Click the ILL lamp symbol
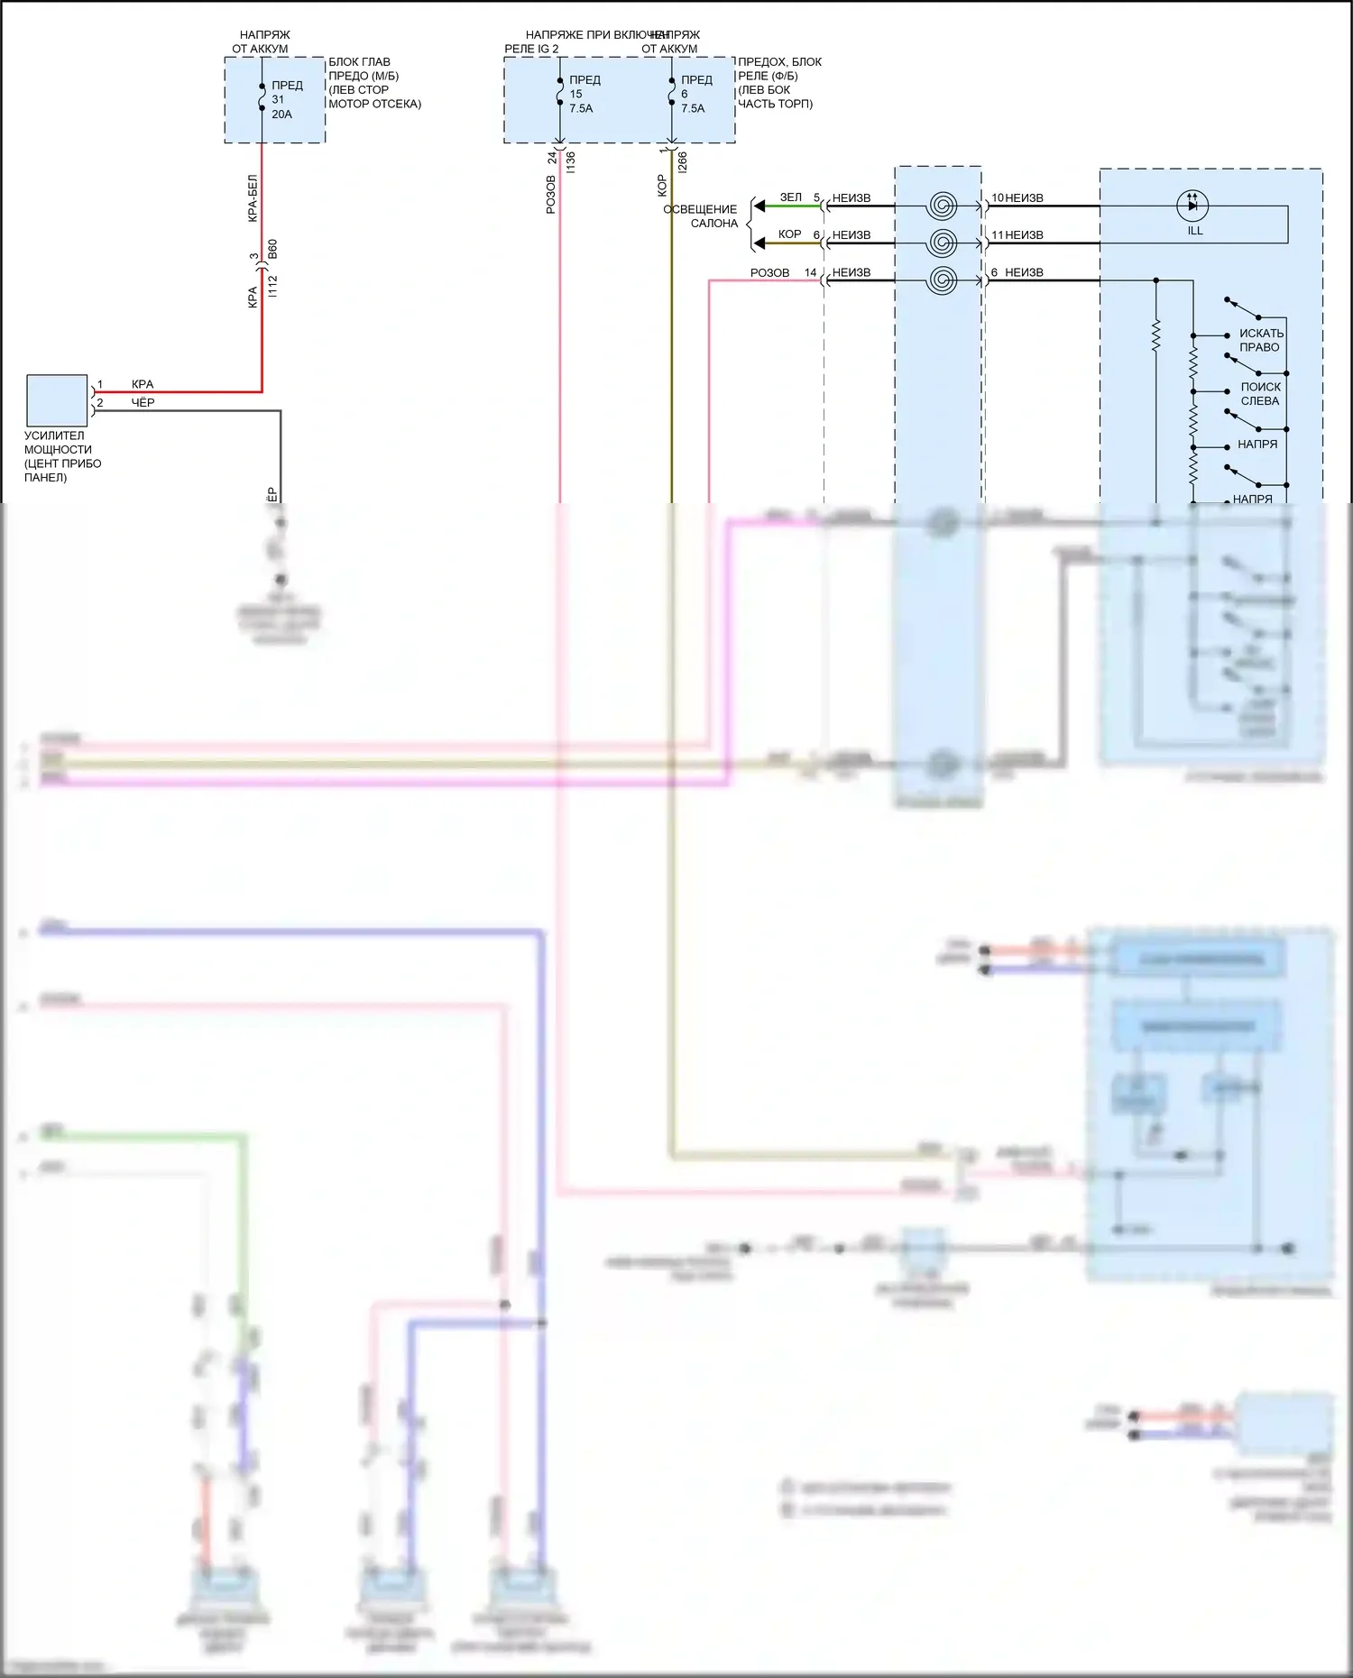[1192, 206]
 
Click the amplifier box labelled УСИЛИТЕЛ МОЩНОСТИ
[57, 400]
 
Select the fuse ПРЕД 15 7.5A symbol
[560, 94]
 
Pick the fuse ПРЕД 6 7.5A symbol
[672, 94]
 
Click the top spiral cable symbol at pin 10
[942, 206]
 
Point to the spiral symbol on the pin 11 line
[942, 243]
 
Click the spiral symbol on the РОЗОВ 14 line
[942, 280]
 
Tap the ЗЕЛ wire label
[790, 197]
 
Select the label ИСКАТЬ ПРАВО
[1260, 340]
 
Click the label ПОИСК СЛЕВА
[1260, 394]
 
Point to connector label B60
[273, 249]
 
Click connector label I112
[273, 287]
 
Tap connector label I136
[571, 162]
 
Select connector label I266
[683, 162]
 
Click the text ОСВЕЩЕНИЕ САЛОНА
[701, 216]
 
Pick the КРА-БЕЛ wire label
[253, 198]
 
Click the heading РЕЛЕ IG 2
[531, 49]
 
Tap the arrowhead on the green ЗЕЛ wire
[760, 206]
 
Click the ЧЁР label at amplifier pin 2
[143, 403]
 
